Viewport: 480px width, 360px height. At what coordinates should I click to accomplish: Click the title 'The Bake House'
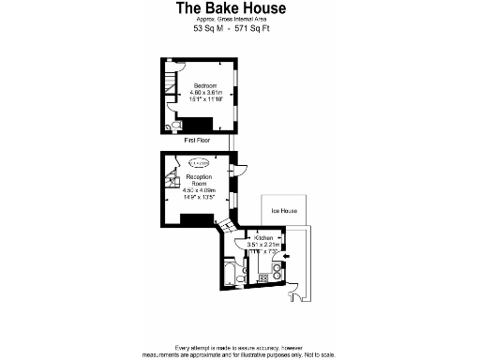pos(232,8)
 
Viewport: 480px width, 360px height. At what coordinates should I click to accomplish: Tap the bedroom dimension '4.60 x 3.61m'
pos(204,93)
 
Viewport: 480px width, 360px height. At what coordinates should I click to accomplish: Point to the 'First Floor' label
pos(197,140)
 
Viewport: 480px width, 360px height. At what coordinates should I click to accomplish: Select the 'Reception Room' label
pos(200,180)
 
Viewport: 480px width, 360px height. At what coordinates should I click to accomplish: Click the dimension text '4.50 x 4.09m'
pos(199,191)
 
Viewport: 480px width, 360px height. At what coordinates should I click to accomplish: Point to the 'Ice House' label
pos(284,211)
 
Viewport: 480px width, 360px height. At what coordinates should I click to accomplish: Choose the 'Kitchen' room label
pos(263,238)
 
